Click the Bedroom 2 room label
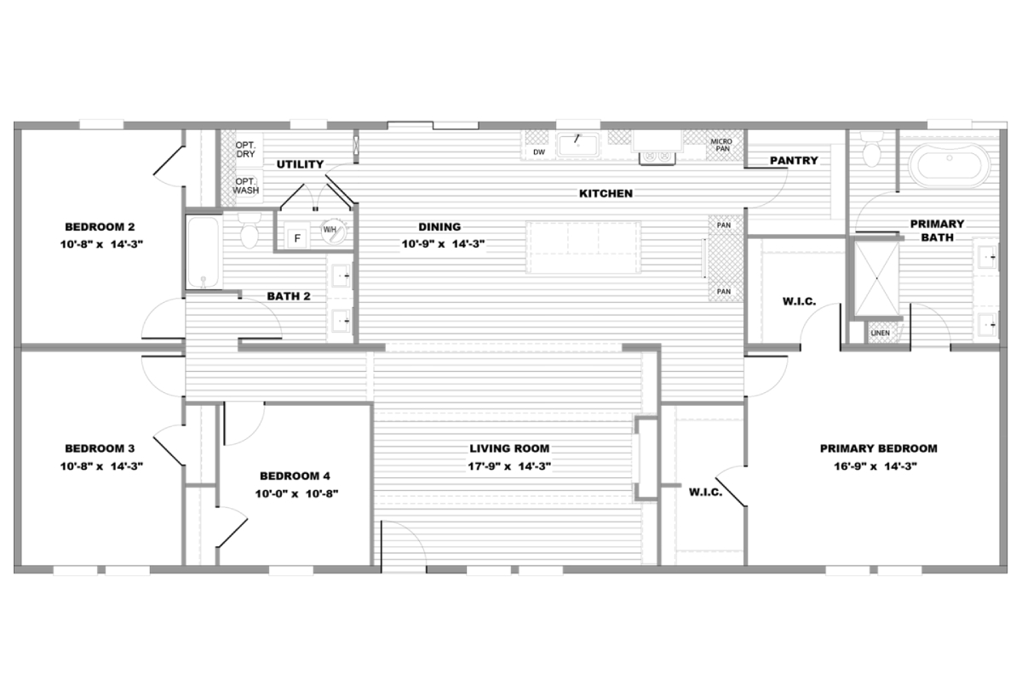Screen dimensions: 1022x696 coord(100,226)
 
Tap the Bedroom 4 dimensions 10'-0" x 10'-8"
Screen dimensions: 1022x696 coord(296,493)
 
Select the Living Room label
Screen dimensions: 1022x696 coord(509,448)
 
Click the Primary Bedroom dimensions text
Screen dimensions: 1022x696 coord(876,466)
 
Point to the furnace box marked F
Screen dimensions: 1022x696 coord(297,238)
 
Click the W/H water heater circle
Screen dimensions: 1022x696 coord(333,231)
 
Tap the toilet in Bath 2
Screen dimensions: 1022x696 coord(250,231)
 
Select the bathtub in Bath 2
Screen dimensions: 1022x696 coord(204,252)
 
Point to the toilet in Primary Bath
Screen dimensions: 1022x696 coord(871,149)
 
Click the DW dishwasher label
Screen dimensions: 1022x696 coord(539,152)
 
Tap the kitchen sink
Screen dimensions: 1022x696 coord(578,145)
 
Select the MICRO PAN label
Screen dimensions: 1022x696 coord(721,145)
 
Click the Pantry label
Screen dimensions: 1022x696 coord(794,161)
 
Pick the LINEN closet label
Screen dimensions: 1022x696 coord(880,334)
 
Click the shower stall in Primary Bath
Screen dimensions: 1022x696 coord(876,278)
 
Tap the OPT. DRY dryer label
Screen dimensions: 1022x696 coord(245,150)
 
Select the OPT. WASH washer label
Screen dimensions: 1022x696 coord(246,186)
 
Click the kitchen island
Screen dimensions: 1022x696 coord(583,248)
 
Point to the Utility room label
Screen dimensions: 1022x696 coord(300,164)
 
